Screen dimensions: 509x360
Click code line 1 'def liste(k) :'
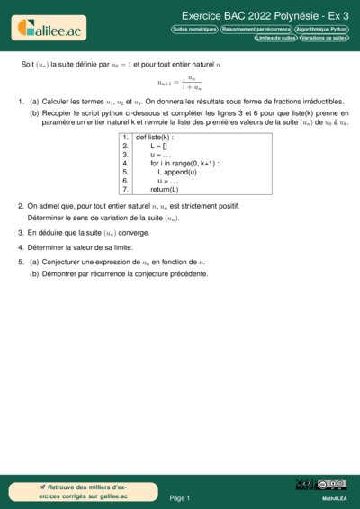pyautogui.click(x=155, y=137)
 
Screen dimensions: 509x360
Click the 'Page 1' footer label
pyautogui.click(x=180, y=497)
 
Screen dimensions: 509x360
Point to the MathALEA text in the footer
pyautogui.click(x=335, y=497)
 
